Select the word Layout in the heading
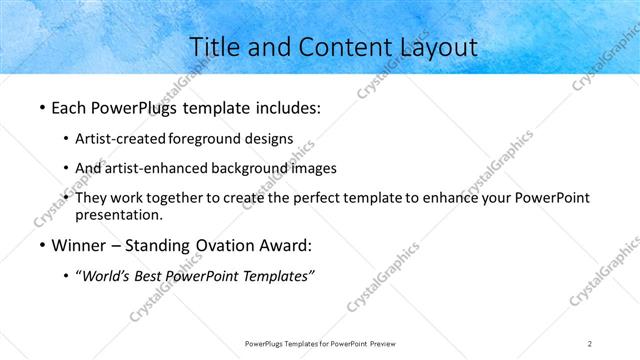[x=433, y=46]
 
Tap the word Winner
[x=78, y=245]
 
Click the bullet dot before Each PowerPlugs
[x=41, y=107]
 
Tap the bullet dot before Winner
[x=41, y=246]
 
